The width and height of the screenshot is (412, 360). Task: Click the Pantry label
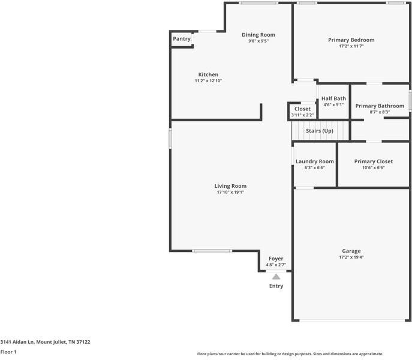182,39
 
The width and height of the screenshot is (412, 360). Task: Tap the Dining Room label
258,35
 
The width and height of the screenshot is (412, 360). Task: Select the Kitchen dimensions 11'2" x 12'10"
208,81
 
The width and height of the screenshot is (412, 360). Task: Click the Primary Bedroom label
351,40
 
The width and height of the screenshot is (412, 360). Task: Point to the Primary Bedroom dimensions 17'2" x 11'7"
351,46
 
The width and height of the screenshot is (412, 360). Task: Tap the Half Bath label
333,98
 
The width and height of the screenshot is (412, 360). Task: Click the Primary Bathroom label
380,106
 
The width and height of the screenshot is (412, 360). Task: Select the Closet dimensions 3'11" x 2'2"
302,115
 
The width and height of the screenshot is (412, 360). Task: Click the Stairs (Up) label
319,131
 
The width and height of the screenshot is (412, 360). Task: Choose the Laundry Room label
315,161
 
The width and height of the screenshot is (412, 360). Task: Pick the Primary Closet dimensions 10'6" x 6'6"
373,168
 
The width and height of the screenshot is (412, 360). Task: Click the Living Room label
230,186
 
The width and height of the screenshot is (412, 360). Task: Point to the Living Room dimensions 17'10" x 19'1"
230,193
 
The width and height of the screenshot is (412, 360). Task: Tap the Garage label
351,251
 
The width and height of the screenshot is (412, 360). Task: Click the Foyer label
276,259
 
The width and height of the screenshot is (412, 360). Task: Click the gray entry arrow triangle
276,277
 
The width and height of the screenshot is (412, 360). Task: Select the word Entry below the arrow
276,286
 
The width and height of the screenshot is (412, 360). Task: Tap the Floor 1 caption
8,352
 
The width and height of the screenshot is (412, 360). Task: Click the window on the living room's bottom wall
212,251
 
